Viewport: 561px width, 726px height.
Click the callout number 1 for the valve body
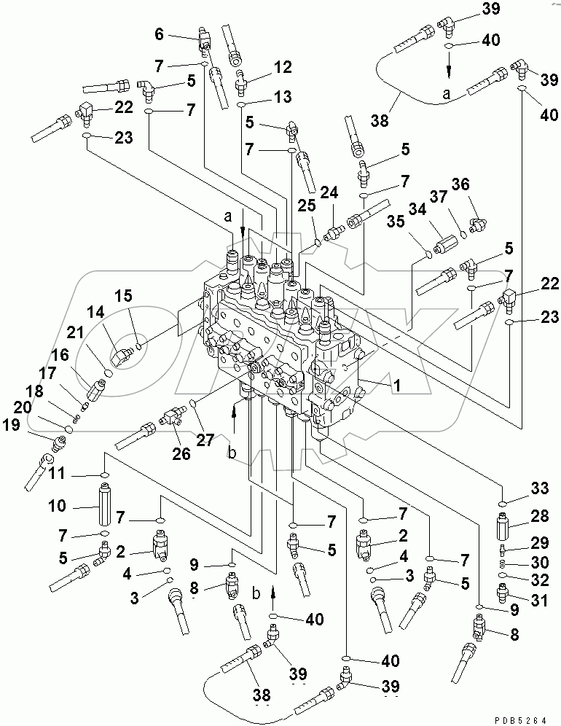coord(397,387)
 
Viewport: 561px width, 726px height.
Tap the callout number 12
coord(283,68)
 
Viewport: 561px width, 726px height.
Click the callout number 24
coord(330,193)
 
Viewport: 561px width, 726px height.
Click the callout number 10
coord(58,505)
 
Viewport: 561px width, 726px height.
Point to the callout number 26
coord(181,453)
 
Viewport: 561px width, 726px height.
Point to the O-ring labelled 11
coord(105,475)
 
